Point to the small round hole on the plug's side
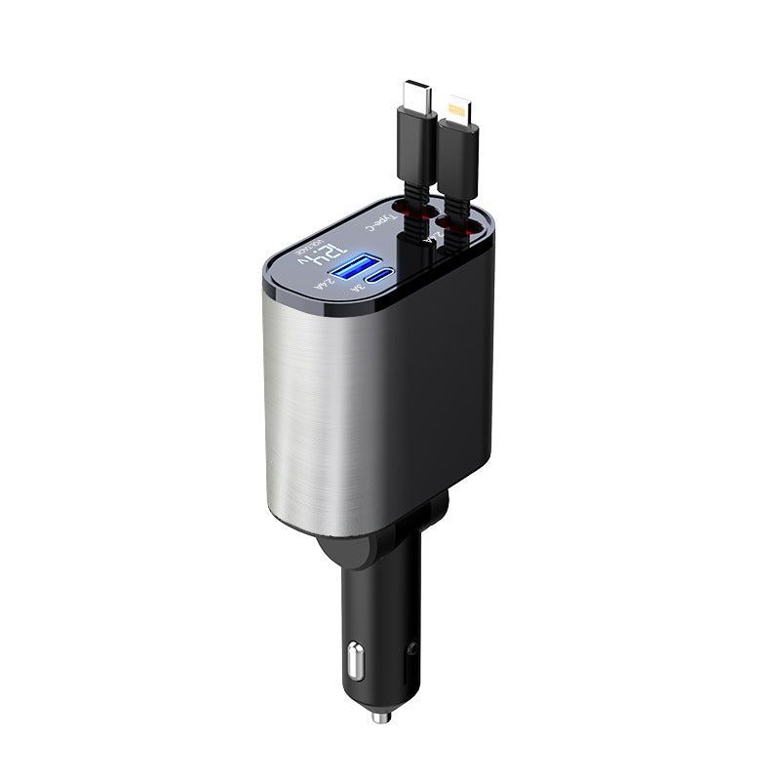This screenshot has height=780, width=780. pos(416,645)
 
